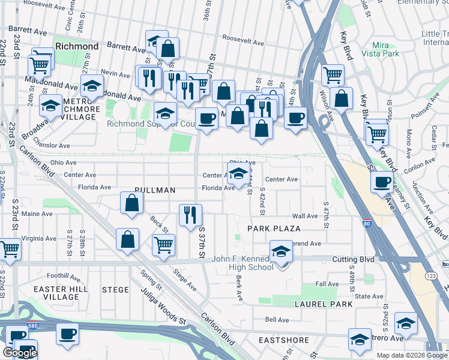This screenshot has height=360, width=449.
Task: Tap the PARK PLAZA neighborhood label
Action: (274, 229)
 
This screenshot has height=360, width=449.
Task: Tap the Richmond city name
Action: (76, 46)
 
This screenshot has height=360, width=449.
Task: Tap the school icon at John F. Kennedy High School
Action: (280, 251)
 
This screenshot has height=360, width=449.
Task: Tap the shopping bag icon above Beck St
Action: (131, 203)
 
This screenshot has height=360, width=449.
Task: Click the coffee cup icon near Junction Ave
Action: (382, 182)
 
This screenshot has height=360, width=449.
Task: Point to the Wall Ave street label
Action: (304, 216)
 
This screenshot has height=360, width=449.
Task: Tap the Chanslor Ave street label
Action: (52, 146)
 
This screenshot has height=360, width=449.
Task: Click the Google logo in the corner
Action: (20, 353)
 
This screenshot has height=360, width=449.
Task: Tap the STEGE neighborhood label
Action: (115, 290)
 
